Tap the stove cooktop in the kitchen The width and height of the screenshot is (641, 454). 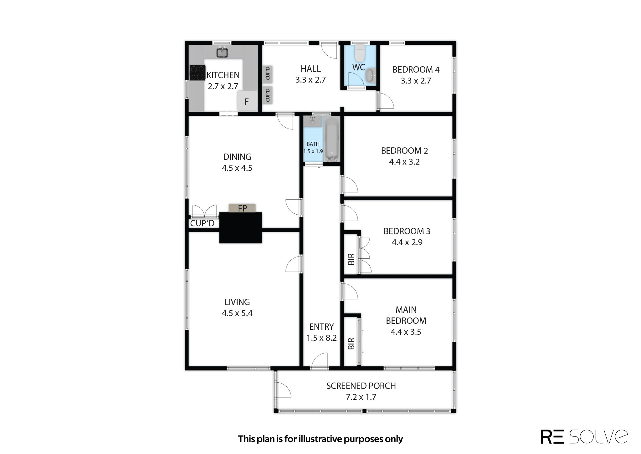197,73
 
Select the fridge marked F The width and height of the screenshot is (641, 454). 247,101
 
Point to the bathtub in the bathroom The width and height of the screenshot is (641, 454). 332,140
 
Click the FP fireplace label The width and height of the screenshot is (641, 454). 243,208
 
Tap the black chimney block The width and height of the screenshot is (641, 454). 240,227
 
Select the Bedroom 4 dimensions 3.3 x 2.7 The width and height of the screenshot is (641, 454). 416,81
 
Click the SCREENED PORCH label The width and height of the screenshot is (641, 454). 361,386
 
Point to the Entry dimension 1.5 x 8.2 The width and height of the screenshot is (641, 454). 321,338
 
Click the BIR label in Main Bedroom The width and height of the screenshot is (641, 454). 351,344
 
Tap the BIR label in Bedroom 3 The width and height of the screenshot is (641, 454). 351,259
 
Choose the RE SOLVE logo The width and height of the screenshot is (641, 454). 584,436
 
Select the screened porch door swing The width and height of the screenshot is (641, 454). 284,390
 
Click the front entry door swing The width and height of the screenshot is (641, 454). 320,361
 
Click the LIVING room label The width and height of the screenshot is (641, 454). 237,302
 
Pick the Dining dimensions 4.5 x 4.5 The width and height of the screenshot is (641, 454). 237,168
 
